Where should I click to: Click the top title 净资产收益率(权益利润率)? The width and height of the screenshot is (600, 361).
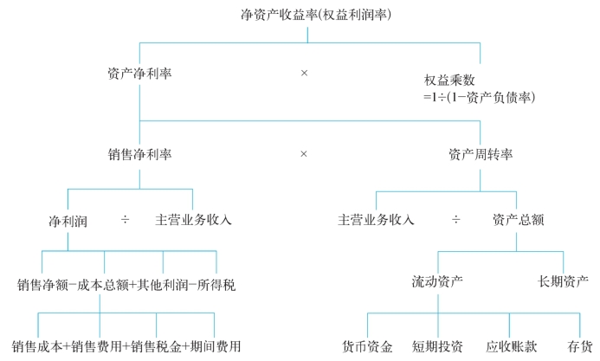[316, 15]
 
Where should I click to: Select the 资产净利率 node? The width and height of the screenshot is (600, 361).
[139, 73]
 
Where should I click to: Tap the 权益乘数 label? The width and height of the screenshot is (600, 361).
[449, 80]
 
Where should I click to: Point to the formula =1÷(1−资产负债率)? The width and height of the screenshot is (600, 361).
[479, 97]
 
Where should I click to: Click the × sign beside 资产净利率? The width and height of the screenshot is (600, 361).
[304, 73]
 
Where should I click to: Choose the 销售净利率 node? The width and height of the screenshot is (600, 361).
[139, 154]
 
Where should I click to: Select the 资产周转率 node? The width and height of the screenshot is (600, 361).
[481, 154]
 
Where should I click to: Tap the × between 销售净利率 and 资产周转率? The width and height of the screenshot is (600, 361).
[304, 154]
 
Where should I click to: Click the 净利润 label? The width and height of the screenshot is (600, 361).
[68, 221]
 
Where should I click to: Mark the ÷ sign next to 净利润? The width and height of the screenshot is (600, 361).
[126, 220]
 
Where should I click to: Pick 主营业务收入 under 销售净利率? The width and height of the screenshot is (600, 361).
[193, 220]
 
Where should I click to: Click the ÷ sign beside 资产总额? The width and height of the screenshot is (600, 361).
[455, 220]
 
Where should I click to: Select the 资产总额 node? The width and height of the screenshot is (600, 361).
[519, 220]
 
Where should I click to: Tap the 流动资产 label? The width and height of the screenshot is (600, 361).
[437, 281]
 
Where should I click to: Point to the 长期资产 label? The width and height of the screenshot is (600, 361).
[563, 281]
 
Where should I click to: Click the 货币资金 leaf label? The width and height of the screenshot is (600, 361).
[367, 346]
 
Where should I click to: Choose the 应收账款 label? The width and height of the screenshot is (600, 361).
[512, 346]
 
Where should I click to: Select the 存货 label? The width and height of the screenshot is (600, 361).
[580, 346]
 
